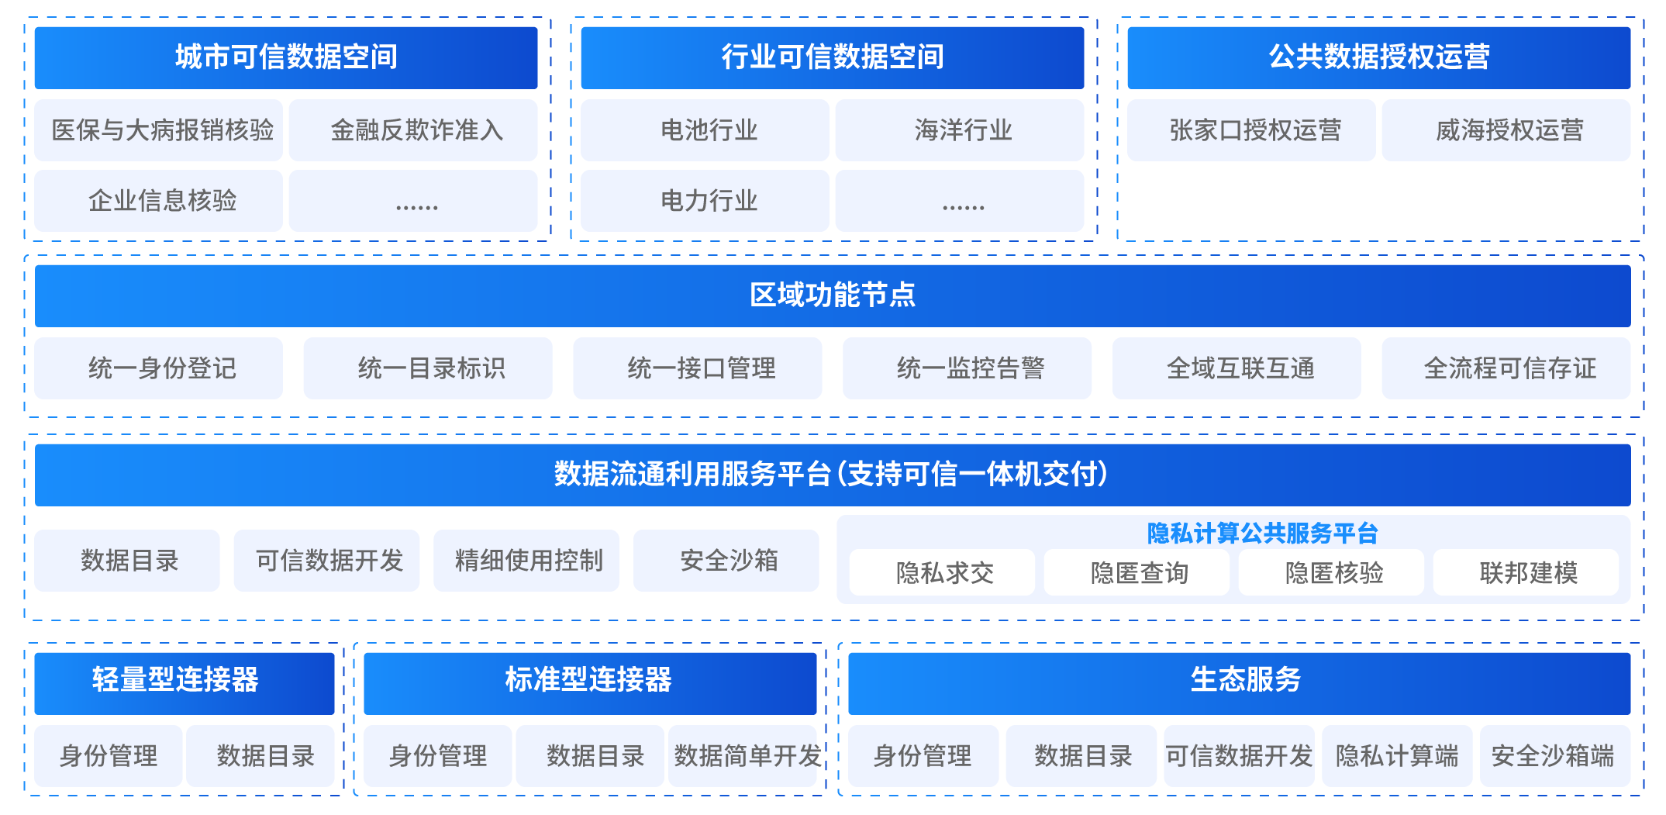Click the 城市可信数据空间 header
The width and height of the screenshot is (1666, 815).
[x=285, y=57]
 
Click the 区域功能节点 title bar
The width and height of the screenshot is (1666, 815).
[x=833, y=295]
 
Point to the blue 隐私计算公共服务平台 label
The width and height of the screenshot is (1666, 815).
[x=1262, y=534]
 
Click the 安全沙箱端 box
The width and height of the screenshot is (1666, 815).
[x=1554, y=756]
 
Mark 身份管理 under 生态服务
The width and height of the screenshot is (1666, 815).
[x=923, y=756]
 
